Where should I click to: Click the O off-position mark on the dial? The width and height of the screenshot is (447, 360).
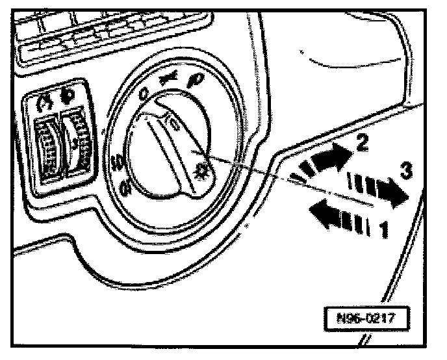[144, 94]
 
